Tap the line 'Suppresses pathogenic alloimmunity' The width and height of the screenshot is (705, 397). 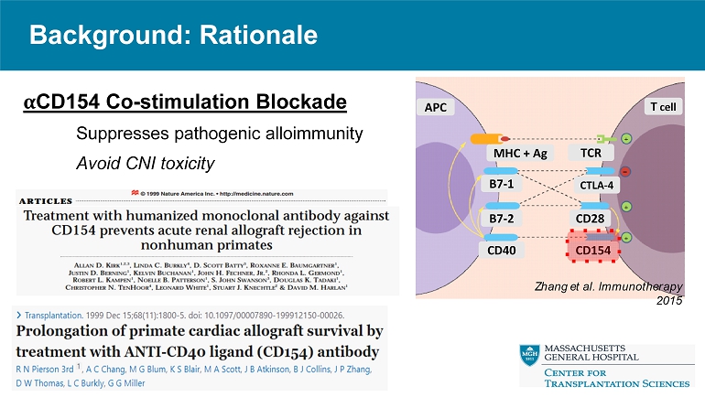point(220,134)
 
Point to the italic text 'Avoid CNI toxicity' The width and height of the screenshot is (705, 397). point(145,164)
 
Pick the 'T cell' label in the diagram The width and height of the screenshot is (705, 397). point(662,107)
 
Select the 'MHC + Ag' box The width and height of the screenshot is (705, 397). point(520,153)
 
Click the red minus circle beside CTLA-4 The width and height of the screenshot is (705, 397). point(626,172)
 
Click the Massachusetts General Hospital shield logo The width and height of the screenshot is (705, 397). point(529,356)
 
